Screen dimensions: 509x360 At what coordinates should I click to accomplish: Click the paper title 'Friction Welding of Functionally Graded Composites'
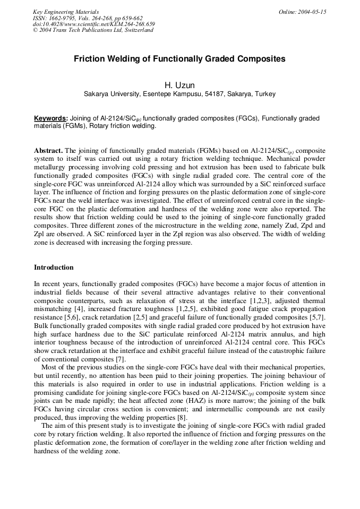(x=179, y=59)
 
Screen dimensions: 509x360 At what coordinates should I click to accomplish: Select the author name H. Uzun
(x=179, y=85)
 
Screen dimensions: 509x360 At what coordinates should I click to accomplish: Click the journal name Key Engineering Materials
(x=65, y=12)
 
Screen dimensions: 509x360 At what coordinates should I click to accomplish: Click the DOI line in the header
(x=93, y=24)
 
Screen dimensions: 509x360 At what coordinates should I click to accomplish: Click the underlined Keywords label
(x=51, y=118)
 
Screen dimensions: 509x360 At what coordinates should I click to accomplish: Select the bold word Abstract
(x=48, y=151)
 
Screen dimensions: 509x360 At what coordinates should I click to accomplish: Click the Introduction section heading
(x=54, y=267)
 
